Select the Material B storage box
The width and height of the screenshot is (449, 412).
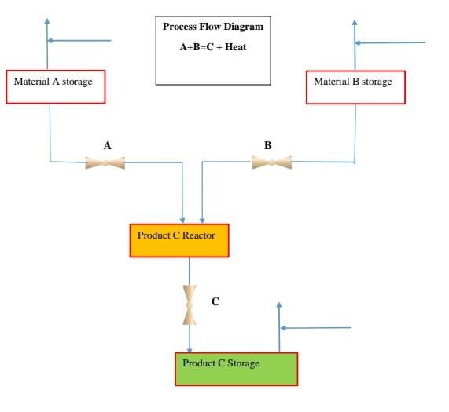[x=355, y=86]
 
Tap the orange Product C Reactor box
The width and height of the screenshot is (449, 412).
[x=178, y=239]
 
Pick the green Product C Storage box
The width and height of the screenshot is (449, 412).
[x=236, y=368]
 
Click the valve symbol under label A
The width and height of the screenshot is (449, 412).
[x=105, y=162]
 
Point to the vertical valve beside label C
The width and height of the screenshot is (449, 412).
[x=190, y=304]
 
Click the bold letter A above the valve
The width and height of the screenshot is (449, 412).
[x=107, y=144]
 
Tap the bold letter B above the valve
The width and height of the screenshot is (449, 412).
[x=268, y=144]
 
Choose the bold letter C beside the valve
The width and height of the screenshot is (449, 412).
[x=215, y=300]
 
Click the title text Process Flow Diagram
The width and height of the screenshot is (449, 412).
[x=212, y=27]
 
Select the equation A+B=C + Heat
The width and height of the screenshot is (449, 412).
[x=213, y=46]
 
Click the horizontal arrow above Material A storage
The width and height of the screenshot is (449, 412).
[x=79, y=40]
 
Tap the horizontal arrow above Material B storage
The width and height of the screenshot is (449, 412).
[x=390, y=42]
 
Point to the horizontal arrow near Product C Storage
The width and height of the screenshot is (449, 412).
[x=315, y=327]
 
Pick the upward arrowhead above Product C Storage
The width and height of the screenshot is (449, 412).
[x=279, y=305]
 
